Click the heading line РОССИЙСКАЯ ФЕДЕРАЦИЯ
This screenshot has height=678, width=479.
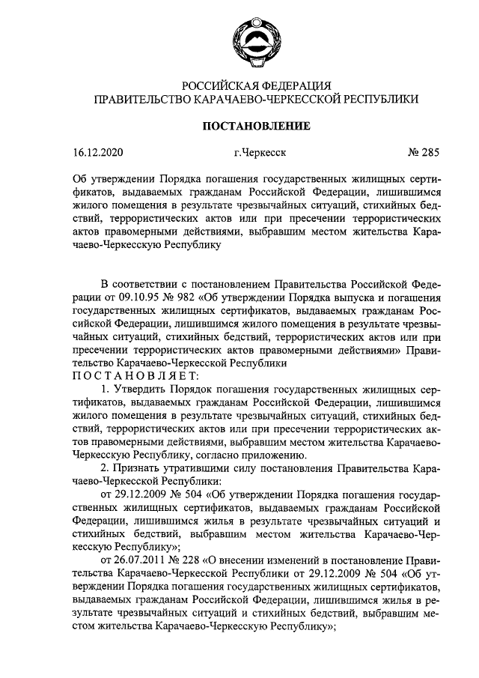256,85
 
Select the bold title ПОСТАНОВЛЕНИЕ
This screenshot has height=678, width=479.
257,126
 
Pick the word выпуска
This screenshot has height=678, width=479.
352,296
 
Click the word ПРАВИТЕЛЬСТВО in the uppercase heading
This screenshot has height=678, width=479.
147,98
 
